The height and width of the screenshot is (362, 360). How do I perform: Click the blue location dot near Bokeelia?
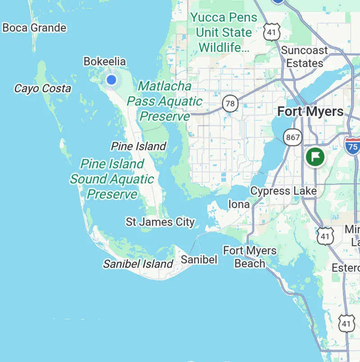(111, 80)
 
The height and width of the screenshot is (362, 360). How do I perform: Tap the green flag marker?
(315, 157)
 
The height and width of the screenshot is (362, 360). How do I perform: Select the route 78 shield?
(230, 104)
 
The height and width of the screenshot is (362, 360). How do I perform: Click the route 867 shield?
(292, 137)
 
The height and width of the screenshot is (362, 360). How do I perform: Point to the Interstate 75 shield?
(353, 146)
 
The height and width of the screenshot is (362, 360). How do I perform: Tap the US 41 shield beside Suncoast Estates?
(272, 32)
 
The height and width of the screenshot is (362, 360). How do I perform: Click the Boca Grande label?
(34, 28)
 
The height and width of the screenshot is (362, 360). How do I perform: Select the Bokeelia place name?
(104, 62)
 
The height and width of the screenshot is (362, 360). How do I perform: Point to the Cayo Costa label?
(43, 89)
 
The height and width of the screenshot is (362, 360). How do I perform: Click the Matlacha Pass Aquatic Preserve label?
(164, 101)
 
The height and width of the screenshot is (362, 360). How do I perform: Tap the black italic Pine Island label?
(138, 146)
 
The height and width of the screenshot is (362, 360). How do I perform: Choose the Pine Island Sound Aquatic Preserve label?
(112, 179)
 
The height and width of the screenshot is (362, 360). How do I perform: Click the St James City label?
(160, 222)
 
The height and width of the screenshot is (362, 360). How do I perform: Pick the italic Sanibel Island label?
(138, 264)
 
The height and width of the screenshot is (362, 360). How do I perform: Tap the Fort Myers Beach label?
(250, 257)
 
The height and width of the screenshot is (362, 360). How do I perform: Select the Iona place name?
(238, 204)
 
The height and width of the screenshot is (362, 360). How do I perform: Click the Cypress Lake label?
(283, 191)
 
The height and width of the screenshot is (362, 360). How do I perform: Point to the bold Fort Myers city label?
(310, 112)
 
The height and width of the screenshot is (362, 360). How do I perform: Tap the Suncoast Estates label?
(305, 56)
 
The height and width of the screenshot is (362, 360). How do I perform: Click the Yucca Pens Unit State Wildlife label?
(224, 32)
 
